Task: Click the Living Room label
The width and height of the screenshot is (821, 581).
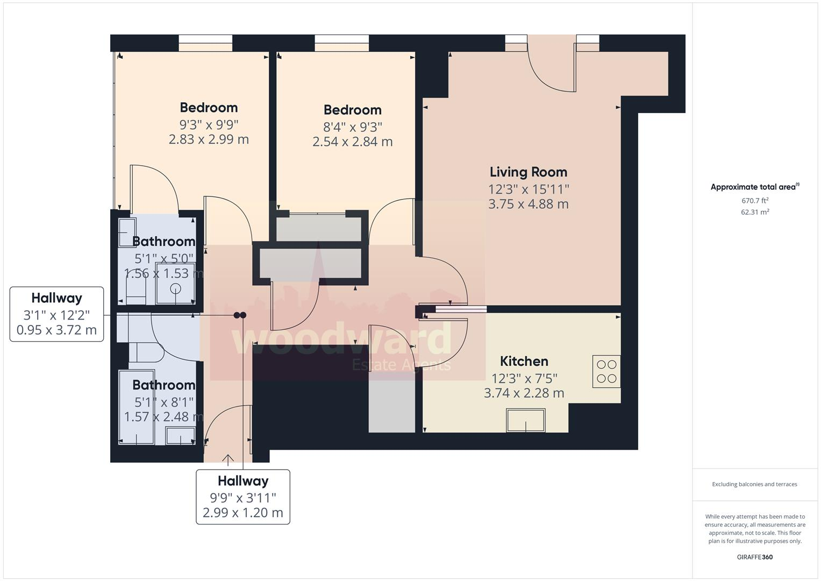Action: coord(528,172)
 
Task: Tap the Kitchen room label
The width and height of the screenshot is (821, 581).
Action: coord(524,361)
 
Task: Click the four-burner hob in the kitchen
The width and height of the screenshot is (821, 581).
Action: coord(606,371)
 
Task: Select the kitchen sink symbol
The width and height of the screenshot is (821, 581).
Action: coord(525,420)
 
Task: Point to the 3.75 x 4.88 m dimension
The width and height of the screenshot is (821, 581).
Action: coord(528,204)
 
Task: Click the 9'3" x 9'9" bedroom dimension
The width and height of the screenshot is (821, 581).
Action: coord(209,125)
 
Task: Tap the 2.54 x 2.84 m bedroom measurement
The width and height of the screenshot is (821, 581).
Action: coord(352,142)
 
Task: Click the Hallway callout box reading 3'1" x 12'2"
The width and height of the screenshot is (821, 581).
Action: coord(56,314)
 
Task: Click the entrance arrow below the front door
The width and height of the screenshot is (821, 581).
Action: coord(228,460)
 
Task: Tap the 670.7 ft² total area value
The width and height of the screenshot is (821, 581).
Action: coord(755,201)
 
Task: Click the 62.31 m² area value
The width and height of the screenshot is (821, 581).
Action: coord(755,212)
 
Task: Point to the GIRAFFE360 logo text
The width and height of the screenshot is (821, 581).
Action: coord(754,557)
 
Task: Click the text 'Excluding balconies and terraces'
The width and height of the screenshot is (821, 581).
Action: coord(754,484)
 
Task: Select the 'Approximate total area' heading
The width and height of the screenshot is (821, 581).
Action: coord(754,187)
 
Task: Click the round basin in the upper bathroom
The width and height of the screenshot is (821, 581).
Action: coord(176,289)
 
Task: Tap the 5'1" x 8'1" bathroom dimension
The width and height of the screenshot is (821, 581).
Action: coord(163,402)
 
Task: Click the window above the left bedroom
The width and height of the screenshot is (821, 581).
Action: coord(205,42)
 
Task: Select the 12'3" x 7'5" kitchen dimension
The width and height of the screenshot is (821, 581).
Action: coord(524,378)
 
